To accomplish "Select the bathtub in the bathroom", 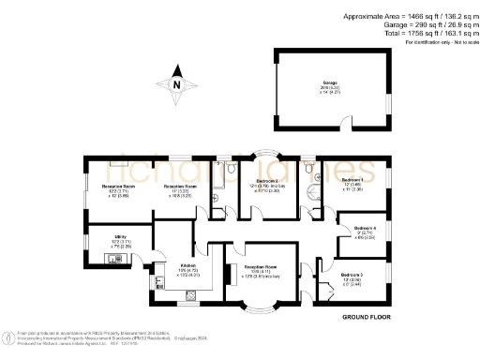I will pyautogui.click(x=218, y=182).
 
